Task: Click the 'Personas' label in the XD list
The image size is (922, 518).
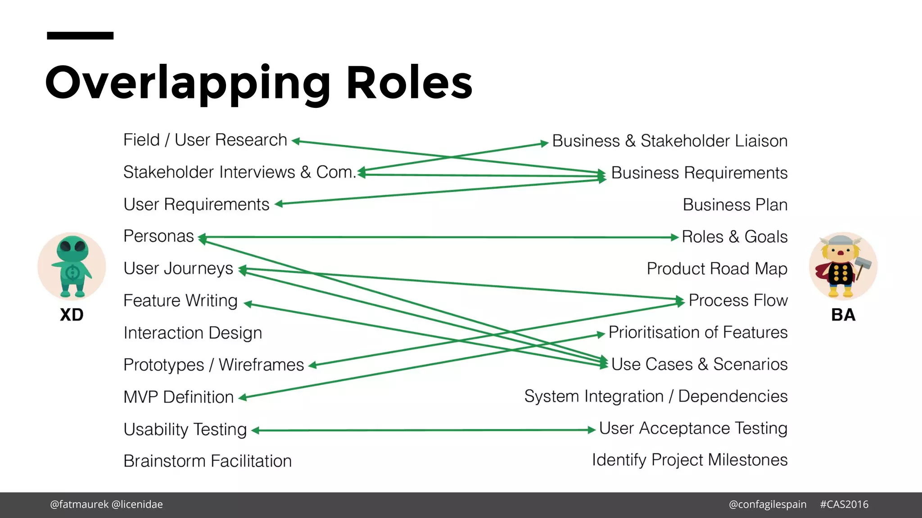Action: (x=158, y=237)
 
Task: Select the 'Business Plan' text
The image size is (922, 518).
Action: (x=735, y=205)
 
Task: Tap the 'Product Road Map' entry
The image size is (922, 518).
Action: (x=717, y=269)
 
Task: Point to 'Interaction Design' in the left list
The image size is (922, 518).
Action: (x=193, y=333)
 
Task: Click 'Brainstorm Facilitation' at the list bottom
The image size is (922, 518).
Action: (x=208, y=461)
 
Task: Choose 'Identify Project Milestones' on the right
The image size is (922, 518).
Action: (x=689, y=460)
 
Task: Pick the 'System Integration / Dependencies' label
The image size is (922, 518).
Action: (x=655, y=397)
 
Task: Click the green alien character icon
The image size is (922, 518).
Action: (x=72, y=266)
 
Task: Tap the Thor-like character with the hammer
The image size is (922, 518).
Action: (x=842, y=266)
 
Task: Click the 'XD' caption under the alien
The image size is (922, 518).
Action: (x=72, y=315)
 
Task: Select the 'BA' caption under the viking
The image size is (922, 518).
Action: (x=843, y=315)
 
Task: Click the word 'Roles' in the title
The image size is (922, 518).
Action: (x=409, y=83)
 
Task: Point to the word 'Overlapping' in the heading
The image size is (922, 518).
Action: (x=188, y=83)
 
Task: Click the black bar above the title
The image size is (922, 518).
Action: (x=80, y=36)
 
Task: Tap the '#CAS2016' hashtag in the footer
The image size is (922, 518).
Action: (x=844, y=505)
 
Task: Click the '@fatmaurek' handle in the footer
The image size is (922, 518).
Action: (x=79, y=505)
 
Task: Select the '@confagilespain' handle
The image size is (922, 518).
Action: (x=768, y=505)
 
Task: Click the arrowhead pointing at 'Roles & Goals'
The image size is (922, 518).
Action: (x=674, y=237)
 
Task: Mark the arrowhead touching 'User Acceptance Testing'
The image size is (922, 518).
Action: (x=592, y=430)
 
